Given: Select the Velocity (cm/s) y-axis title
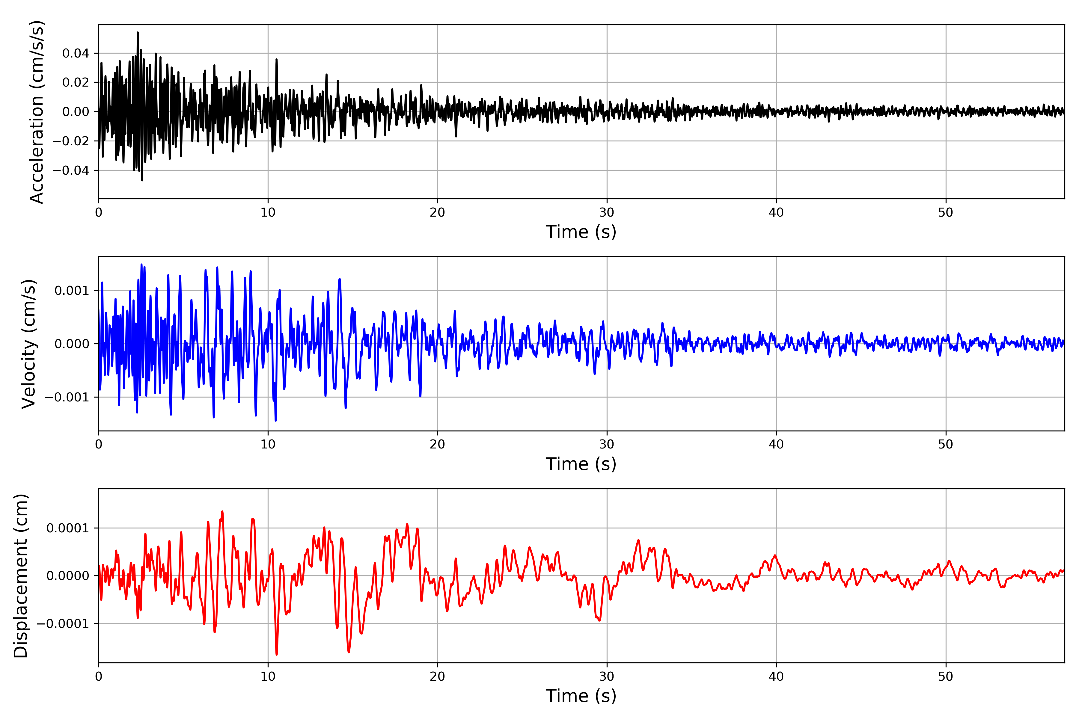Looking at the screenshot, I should [x=28, y=344].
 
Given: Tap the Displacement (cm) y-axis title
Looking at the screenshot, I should [x=21, y=576].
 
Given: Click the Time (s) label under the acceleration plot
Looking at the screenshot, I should [x=581, y=232].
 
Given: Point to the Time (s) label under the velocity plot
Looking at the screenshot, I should [x=581, y=464].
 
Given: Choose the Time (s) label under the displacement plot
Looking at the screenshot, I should [x=581, y=696].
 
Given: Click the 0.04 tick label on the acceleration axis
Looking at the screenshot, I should [x=76, y=54].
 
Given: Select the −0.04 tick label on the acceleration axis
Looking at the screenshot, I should [x=71, y=170].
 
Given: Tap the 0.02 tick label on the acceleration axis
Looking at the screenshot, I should [x=76, y=83].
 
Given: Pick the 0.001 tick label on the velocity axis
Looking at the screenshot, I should [x=72, y=291].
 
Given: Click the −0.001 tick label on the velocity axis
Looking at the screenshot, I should [x=67, y=397].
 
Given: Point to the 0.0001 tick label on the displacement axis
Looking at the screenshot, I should [x=67, y=528].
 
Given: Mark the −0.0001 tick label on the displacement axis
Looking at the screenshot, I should [x=63, y=624].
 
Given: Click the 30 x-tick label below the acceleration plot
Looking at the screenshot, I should [x=606, y=213].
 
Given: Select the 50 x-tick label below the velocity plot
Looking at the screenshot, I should [x=946, y=444].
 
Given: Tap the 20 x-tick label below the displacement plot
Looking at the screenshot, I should [x=437, y=676].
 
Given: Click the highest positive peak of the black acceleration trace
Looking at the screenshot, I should [x=138, y=33].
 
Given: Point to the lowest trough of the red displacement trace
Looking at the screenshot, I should [x=277, y=654].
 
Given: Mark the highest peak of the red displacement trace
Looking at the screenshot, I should [x=222, y=512].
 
